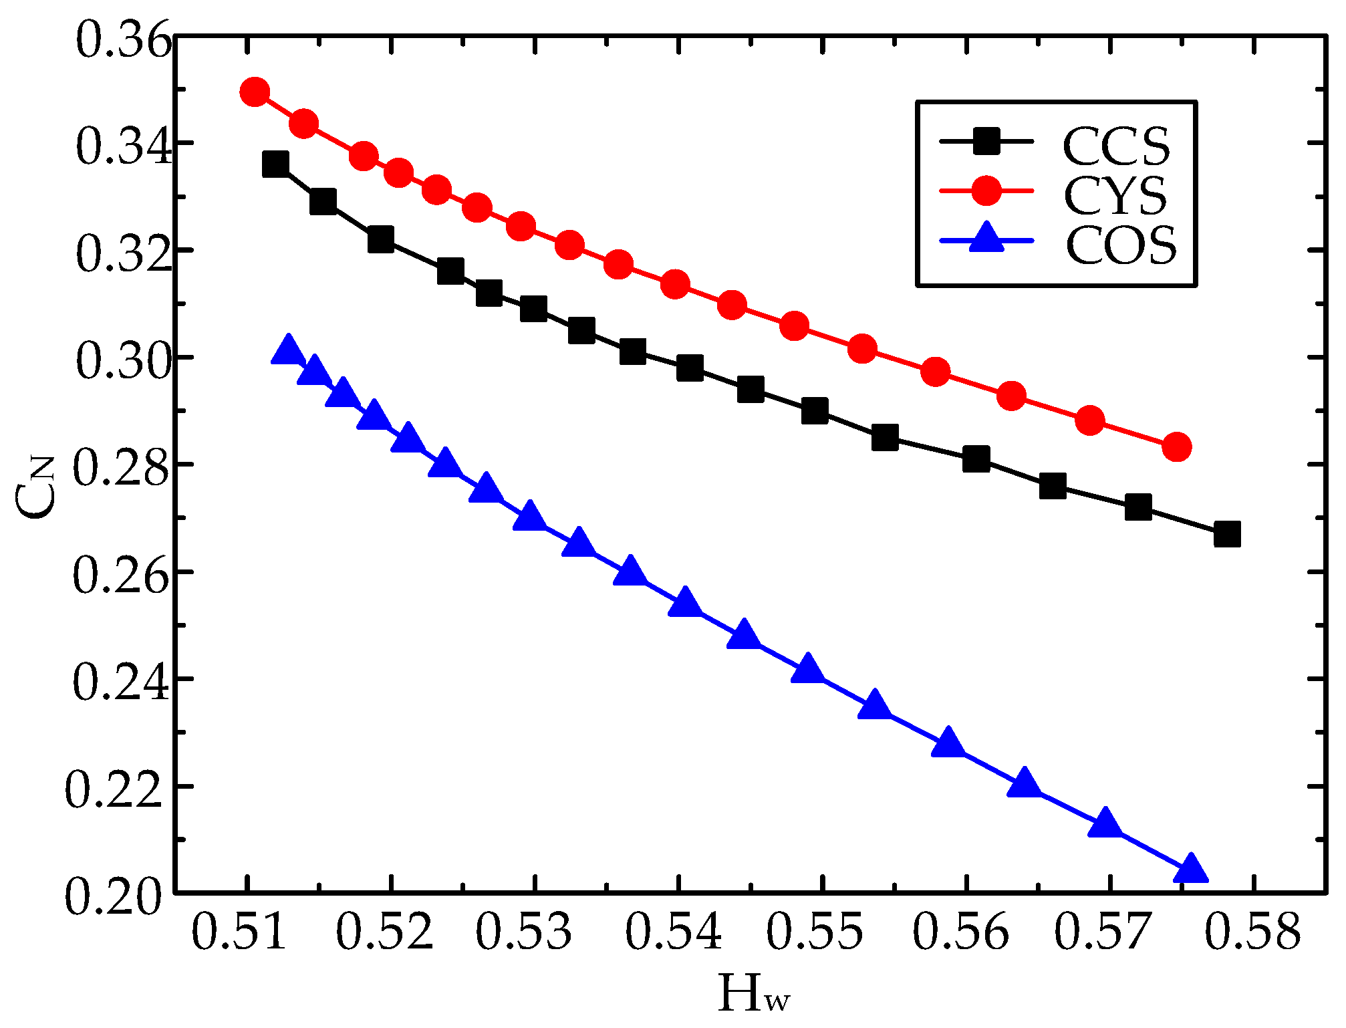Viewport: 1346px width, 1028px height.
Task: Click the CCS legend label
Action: pyautogui.click(x=1116, y=145)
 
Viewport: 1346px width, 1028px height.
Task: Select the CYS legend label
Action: pyautogui.click(x=1115, y=195)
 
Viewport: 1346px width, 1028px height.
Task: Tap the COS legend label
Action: pyautogui.click(x=1121, y=245)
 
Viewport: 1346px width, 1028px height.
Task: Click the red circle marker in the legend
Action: pyautogui.click(x=986, y=190)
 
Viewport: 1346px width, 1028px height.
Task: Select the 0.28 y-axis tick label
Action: pyautogui.click(x=120, y=467)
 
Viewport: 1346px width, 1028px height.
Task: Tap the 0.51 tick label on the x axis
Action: pyautogui.click(x=239, y=933)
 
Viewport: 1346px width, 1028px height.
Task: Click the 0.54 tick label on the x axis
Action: pyautogui.click(x=673, y=933)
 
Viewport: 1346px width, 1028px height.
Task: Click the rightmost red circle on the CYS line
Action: pyautogui.click(x=1177, y=446)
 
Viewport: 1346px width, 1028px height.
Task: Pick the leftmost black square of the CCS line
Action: pyautogui.click(x=275, y=164)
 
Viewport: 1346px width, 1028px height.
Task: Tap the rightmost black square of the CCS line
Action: pyautogui.click(x=1227, y=535)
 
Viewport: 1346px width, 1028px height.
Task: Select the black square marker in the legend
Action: pyautogui.click(x=986, y=142)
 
